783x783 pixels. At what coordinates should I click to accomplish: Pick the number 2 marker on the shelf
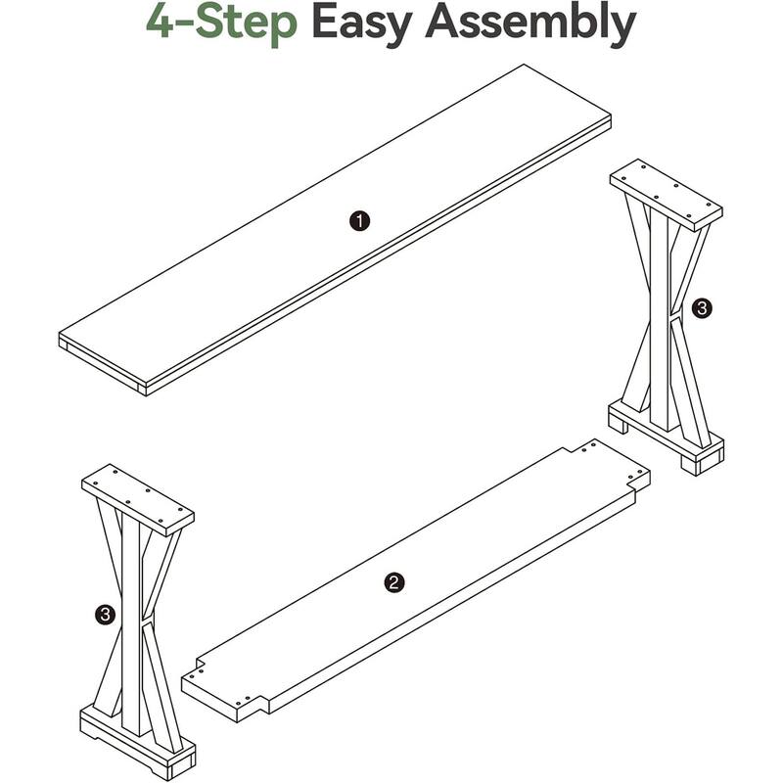(392, 583)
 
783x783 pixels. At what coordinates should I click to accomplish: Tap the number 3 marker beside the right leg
(701, 308)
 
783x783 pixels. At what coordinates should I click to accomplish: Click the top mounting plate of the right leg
(666, 194)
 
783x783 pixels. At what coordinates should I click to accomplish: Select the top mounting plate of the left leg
(138, 500)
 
